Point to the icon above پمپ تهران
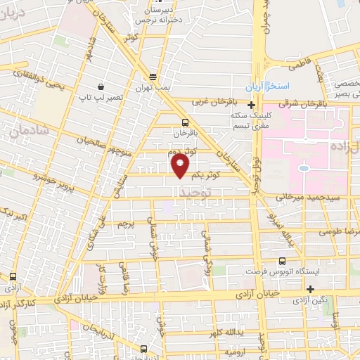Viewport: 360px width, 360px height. coord(153,77)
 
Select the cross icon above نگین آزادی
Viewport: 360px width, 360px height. coord(310,289)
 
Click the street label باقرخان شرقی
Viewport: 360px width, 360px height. coord(293,103)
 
